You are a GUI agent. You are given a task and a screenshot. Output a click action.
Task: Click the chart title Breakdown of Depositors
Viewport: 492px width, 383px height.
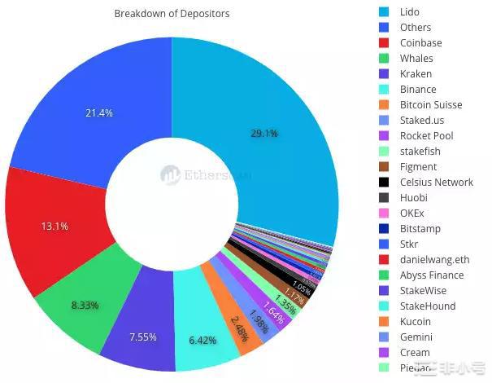pyautogui.click(x=172, y=14)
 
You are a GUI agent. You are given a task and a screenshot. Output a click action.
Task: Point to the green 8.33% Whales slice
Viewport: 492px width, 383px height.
pyautogui.click(x=85, y=305)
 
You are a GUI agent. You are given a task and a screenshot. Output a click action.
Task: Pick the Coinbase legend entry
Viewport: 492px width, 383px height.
pyautogui.click(x=420, y=43)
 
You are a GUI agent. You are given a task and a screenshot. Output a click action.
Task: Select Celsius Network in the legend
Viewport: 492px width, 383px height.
pyautogui.click(x=436, y=182)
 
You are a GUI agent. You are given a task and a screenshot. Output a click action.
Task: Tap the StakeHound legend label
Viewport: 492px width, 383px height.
pyautogui.click(x=428, y=306)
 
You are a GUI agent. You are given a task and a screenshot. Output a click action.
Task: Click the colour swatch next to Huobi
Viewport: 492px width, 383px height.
pyautogui.click(x=384, y=197)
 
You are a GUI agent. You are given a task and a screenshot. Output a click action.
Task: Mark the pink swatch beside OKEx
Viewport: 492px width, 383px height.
pyautogui.click(x=384, y=213)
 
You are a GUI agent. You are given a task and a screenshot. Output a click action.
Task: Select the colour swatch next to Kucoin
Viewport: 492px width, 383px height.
pyautogui.click(x=384, y=321)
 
